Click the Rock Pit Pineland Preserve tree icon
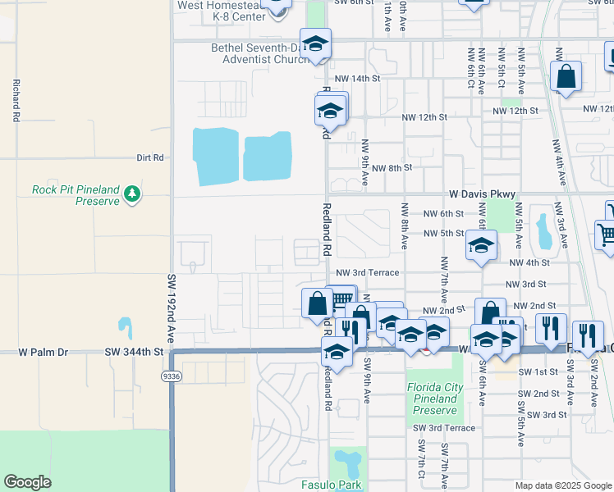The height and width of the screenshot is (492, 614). click(x=132, y=194)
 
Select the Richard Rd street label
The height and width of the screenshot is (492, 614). click(x=16, y=101)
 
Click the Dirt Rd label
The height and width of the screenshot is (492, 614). click(x=150, y=157)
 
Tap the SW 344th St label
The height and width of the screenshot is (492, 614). click(x=135, y=352)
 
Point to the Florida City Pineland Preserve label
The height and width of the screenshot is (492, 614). click(x=435, y=399)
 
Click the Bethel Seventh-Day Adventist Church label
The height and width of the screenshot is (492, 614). click(x=256, y=53)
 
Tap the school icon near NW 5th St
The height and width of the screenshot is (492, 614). click(x=481, y=244)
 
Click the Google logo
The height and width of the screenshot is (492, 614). click(x=28, y=482)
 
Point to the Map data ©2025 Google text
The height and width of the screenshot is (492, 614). click(x=563, y=485)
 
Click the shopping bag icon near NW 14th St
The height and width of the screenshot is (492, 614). click(x=566, y=78)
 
